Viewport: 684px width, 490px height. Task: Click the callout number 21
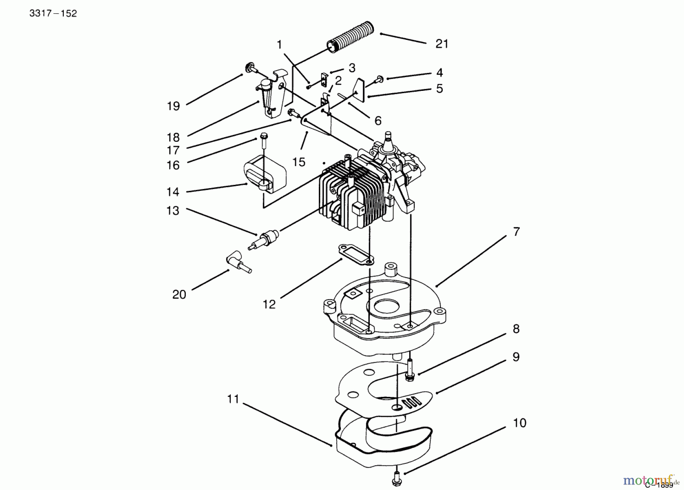pos(442,44)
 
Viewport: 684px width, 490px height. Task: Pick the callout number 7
pos(516,232)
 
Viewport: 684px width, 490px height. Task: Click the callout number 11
pos(233,399)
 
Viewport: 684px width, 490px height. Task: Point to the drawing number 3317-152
pos(53,14)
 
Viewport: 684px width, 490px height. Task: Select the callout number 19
pos(173,106)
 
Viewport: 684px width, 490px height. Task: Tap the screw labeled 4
pos(379,79)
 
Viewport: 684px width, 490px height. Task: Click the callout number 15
pos(299,162)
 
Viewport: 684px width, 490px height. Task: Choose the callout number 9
pos(516,357)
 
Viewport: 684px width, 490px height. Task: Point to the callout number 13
pos(173,210)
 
